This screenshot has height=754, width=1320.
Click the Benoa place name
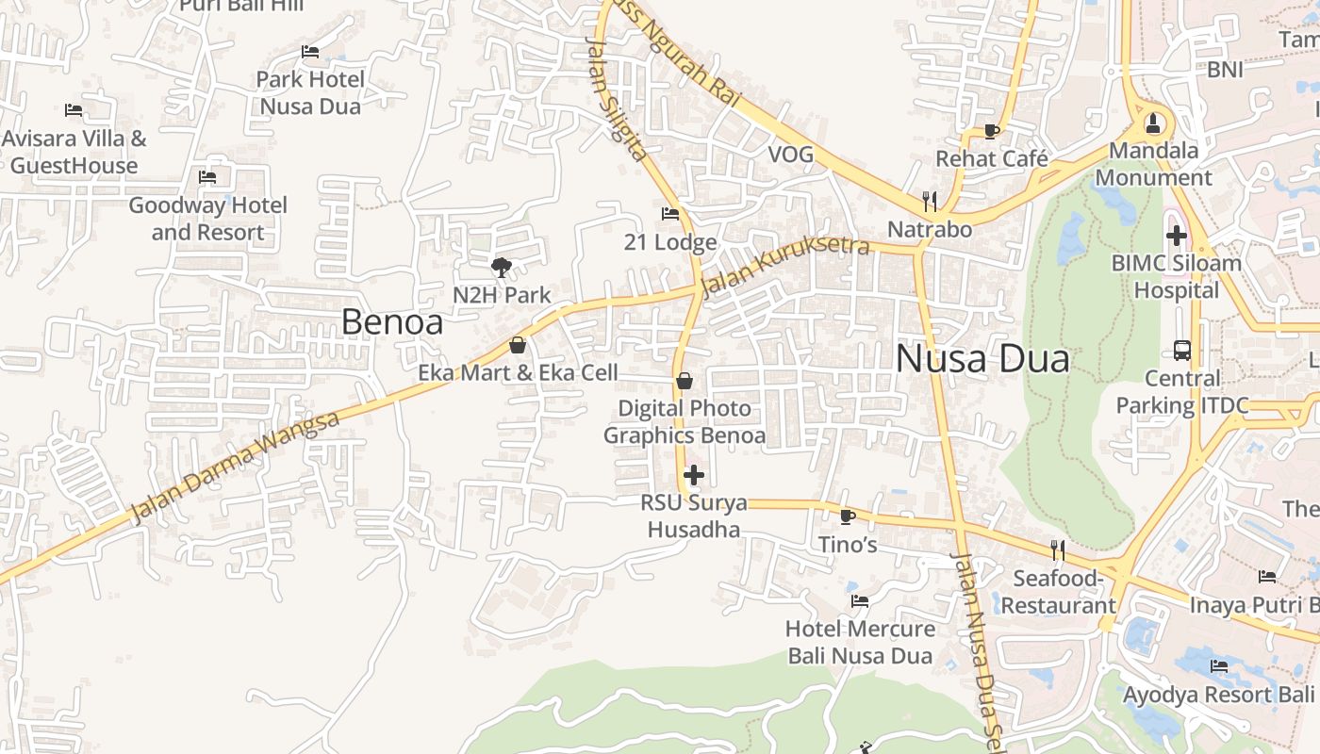pyautogui.click(x=391, y=322)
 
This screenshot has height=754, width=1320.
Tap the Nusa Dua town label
pyautogui.click(x=982, y=359)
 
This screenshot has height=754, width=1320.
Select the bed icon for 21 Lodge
pyautogui.click(x=670, y=214)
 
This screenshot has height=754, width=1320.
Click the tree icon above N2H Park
pyautogui.click(x=502, y=268)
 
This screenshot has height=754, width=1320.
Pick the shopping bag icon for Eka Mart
pyautogui.click(x=517, y=346)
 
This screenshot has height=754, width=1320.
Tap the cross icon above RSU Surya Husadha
pyautogui.click(x=694, y=475)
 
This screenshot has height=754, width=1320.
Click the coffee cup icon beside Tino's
pyautogui.click(x=847, y=516)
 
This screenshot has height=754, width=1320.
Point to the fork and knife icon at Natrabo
pyautogui.click(x=930, y=201)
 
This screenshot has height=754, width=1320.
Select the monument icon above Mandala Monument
pyautogui.click(x=1152, y=123)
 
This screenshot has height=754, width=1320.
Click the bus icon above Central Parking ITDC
pyautogui.click(x=1182, y=351)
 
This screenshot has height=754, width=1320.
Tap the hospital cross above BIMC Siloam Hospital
pyautogui.click(x=1176, y=235)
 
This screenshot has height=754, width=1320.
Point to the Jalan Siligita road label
pyautogui.click(x=616, y=98)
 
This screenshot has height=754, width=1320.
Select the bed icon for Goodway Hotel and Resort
pyautogui.click(x=207, y=177)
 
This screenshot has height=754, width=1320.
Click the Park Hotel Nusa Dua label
pyautogui.click(x=310, y=92)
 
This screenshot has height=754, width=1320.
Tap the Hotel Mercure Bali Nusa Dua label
pyautogui.click(x=860, y=642)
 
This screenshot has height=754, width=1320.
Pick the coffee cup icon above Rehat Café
pyautogui.click(x=991, y=131)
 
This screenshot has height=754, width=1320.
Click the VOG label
pyautogui.click(x=790, y=155)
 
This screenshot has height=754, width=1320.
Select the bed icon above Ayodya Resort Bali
pyautogui.click(x=1219, y=666)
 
